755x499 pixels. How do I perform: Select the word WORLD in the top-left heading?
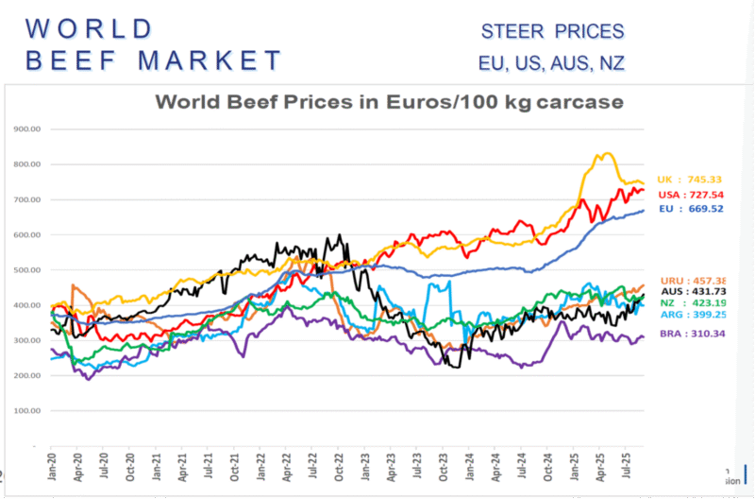[89, 27]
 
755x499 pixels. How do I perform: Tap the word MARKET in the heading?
[210, 60]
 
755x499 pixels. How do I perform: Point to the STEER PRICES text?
[552, 31]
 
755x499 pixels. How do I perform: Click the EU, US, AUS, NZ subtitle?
[551, 65]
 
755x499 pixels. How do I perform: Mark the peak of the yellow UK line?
[604, 154]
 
